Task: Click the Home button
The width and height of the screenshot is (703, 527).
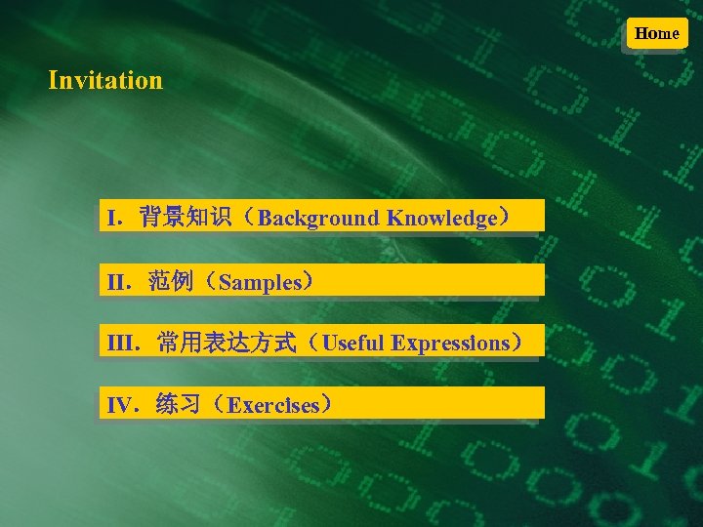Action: (656, 33)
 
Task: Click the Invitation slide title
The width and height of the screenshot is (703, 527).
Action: (105, 80)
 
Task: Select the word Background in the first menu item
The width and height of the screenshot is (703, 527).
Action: (319, 218)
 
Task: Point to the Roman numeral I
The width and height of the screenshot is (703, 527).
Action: (113, 218)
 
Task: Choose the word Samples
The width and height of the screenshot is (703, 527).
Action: (261, 283)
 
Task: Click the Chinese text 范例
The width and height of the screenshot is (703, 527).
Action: (170, 282)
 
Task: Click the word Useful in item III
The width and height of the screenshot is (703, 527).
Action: (353, 344)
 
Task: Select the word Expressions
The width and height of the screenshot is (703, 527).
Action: (450, 344)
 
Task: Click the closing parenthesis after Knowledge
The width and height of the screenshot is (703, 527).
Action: (506, 217)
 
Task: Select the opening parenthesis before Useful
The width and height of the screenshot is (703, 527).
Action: (311, 343)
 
